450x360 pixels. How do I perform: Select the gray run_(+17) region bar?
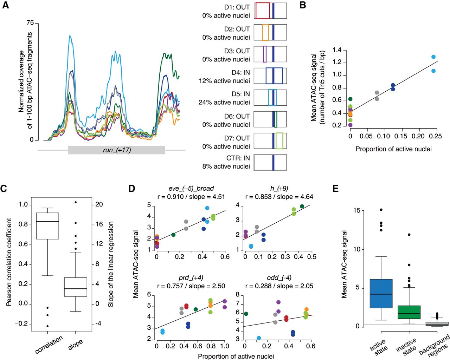tap(116, 150)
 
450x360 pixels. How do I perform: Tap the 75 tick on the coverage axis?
tap(30, 23)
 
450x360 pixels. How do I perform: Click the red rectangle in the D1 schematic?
tap(262, 11)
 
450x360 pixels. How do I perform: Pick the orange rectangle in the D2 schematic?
tap(265, 32)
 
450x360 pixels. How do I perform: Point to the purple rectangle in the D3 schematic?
tap(265, 54)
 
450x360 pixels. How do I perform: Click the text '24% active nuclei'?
tap(224, 102)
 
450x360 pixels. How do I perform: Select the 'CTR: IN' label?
tap(238, 158)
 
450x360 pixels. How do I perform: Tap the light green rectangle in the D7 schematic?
tap(279, 141)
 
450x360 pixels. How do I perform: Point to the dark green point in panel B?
tap(350, 99)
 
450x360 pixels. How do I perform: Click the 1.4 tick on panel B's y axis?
tap(337, 50)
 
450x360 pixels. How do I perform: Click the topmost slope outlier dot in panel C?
tap(76, 202)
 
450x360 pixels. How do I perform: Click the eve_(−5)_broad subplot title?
tap(191, 189)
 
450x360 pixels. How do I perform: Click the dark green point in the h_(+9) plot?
tap(302, 206)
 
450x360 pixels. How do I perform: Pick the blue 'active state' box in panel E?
tap(381, 294)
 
